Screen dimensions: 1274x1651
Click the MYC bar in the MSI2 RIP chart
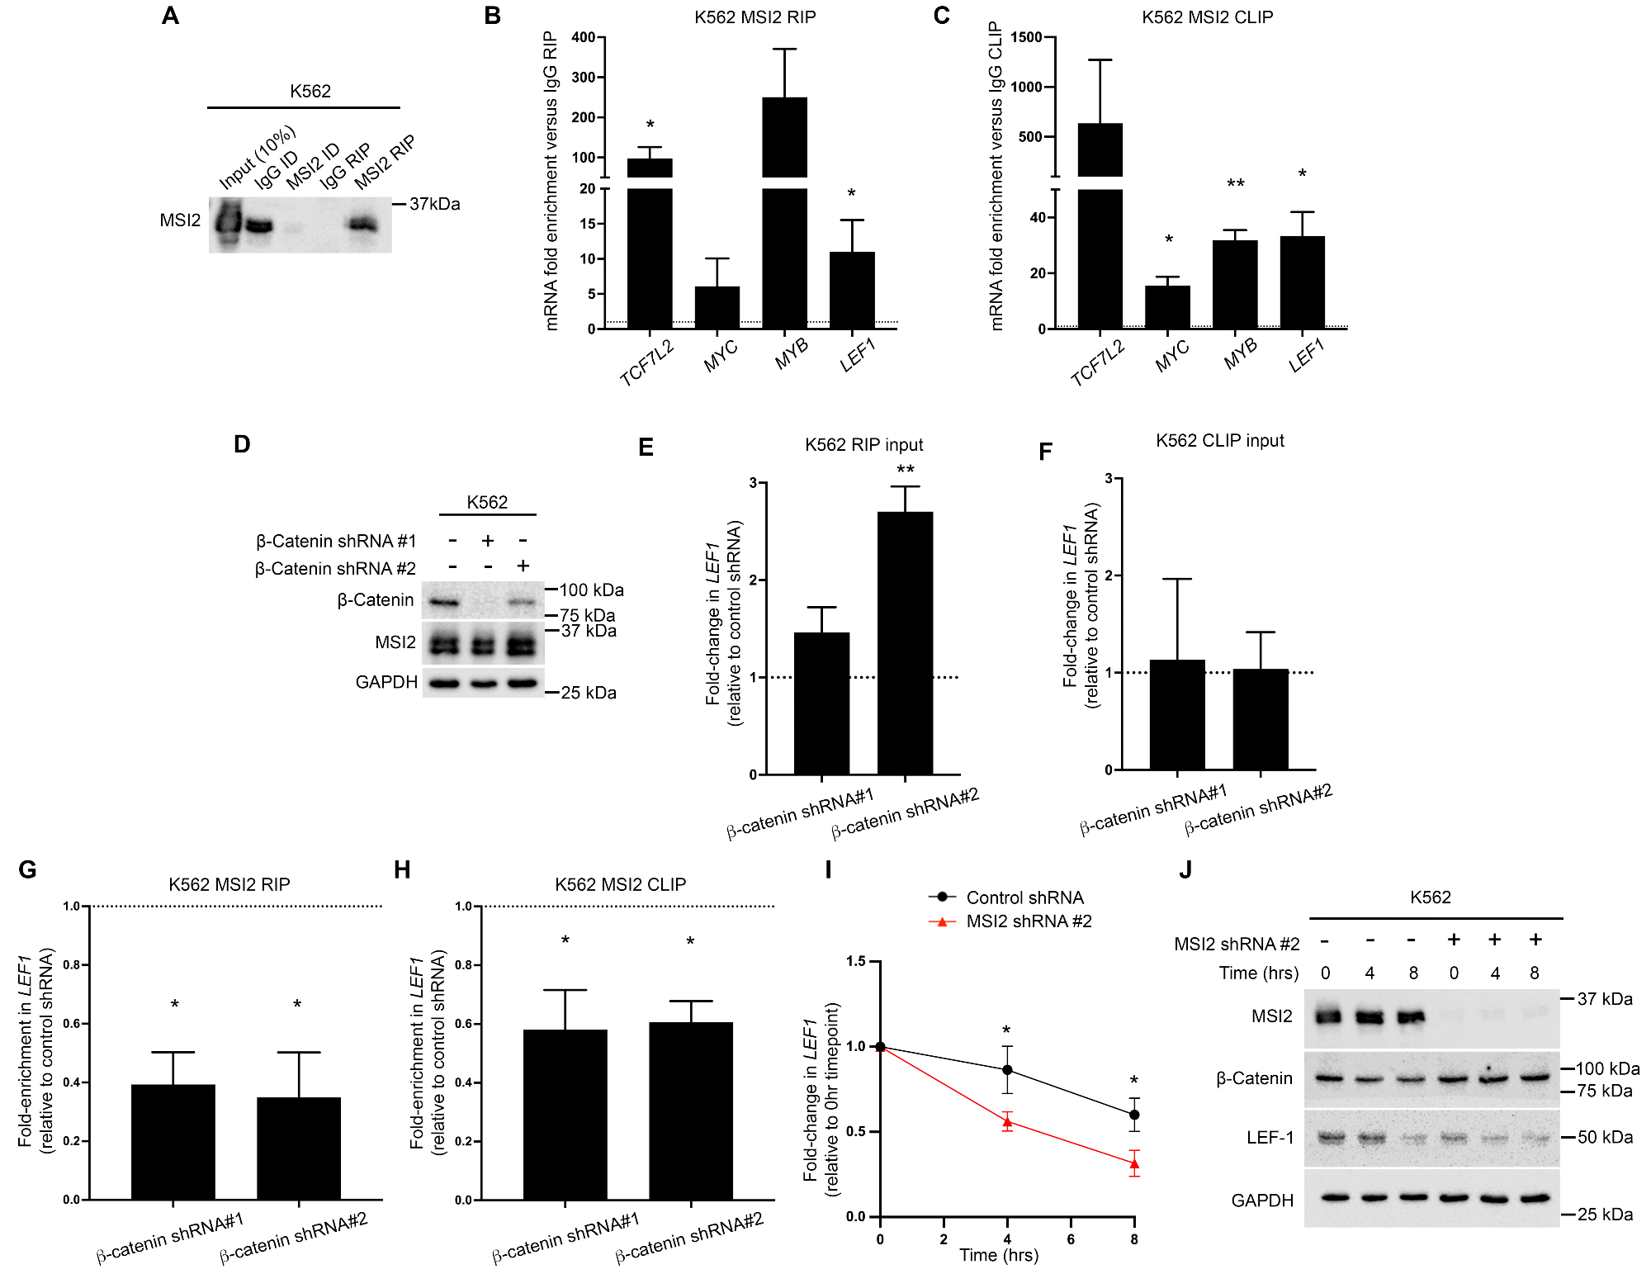[x=717, y=307]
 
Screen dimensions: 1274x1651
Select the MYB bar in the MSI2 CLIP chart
[x=1235, y=284]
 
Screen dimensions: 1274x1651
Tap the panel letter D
[x=242, y=444]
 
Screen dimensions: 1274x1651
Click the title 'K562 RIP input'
[x=863, y=445]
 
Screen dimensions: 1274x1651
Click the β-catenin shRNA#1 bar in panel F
[x=1177, y=714]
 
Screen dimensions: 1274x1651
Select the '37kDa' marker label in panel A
[x=435, y=204]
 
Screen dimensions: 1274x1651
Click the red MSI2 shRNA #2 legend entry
[x=1028, y=921]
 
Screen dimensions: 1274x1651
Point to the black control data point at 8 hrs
[x=1134, y=1115]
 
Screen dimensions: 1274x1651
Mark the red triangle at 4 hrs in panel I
[x=1007, y=1122]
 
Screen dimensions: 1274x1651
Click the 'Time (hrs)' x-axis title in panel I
[x=999, y=1255]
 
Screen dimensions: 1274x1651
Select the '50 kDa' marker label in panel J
[x=1605, y=1137]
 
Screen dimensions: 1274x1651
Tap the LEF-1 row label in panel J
[x=1269, y=1138]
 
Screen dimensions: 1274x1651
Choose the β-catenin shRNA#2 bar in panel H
[x=691, y=1111]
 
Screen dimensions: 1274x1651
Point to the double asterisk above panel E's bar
[x=905, y=469]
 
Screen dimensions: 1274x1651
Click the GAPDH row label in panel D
[x=386, y=682]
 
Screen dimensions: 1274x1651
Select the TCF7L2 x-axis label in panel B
[x=646, y=362]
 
